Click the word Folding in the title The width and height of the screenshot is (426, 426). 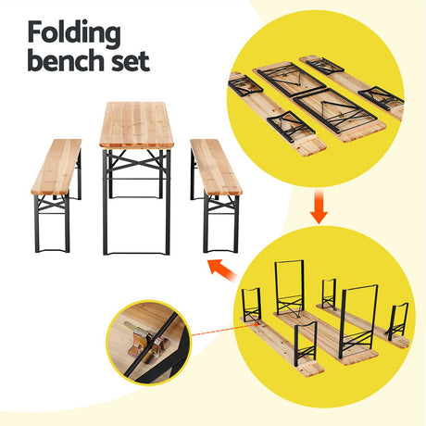74,32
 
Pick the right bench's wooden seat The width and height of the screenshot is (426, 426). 215,167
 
